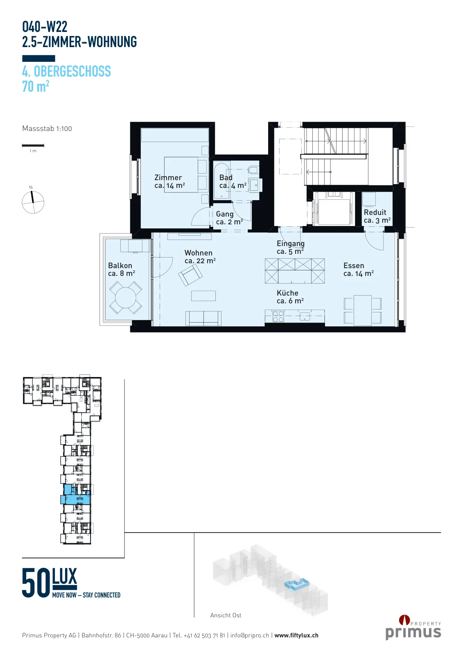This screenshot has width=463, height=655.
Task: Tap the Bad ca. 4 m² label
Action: [233, 182]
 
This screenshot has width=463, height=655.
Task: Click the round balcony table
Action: [126, 298]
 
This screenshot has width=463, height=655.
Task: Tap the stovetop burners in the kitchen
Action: [278, 316]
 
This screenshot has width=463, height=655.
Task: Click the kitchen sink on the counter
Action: [305, 316]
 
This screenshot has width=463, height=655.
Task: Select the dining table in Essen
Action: [363, 310]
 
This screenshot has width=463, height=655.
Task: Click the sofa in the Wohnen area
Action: [203, 318]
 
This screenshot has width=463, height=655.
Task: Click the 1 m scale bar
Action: [33, 145]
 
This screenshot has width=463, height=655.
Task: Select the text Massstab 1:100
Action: [47, 129]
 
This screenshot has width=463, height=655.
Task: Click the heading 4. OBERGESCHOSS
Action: [67, 71]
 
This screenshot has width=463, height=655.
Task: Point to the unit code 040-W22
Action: [45, 27]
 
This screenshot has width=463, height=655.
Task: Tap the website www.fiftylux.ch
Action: [296, 635]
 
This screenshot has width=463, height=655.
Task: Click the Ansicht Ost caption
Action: [226, 615]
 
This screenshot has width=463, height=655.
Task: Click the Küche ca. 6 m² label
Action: [290, 297]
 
